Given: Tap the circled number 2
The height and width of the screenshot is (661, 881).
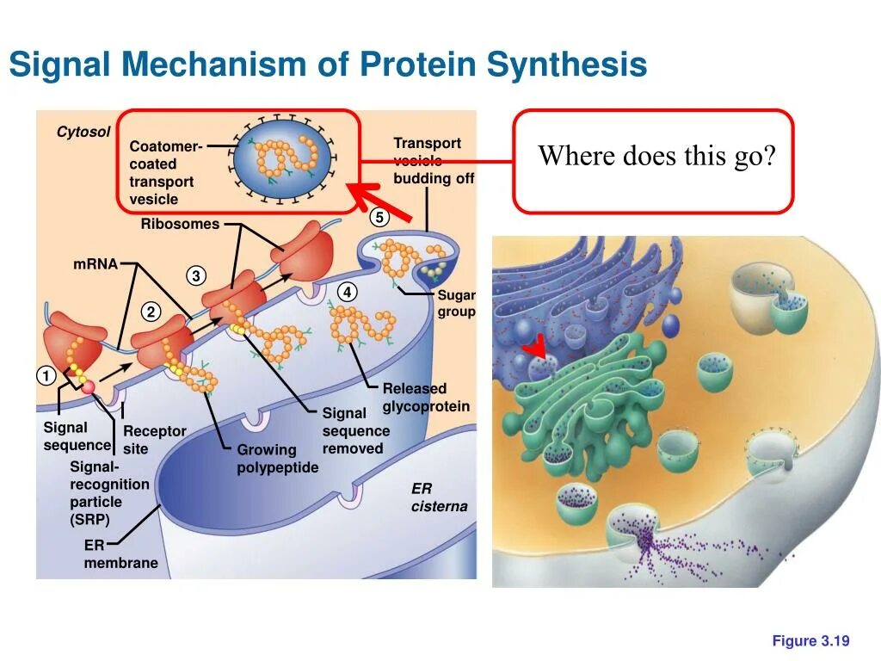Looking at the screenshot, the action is click(x=151, y=312).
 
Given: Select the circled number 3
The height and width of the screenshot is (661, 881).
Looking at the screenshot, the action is click(x=196, y=276).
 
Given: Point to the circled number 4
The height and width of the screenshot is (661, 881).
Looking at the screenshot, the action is click(x=347, y=293).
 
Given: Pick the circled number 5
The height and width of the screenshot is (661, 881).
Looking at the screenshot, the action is click(x=379, y=218).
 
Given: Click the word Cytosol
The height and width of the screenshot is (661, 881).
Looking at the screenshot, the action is click(x=83, y=132).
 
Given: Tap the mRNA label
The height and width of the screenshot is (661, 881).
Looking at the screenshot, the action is click(x=95, y=263).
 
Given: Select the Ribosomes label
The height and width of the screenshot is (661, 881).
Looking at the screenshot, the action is click(x=180, y=224).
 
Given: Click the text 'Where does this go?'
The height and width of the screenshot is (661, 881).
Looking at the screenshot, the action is click(x=656, y=157).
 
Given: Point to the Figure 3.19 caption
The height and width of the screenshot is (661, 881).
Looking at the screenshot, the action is click(x=810, y=640).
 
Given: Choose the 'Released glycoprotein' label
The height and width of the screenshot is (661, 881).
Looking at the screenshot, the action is click(x=426, y=398).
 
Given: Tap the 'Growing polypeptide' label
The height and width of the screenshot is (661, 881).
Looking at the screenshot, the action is click(x=277, y=459).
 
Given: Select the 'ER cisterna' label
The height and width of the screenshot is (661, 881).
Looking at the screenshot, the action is click(x=439, y=497).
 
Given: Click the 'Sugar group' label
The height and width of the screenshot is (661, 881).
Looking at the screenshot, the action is click(x=456, y=304).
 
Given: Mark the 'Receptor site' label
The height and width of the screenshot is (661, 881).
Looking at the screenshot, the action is click(x=154, y=440).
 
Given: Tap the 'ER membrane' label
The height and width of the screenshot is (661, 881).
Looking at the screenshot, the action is click(x=120, y=554).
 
